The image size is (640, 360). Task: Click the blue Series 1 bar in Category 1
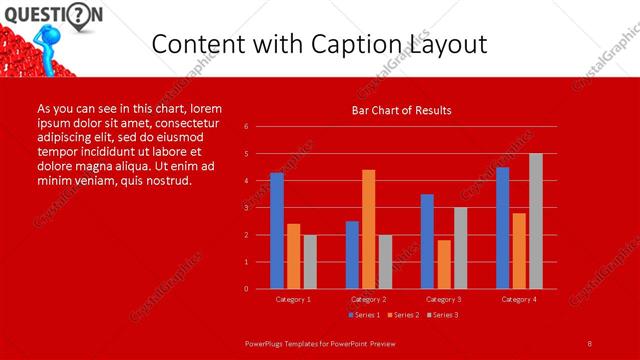click(277, 231)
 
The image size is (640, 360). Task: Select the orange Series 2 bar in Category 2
click(369, 229)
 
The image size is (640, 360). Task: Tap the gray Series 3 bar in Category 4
click(536, 221)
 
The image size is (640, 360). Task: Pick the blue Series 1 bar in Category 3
click(427, 241)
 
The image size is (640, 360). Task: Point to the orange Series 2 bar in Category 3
click(444, 264)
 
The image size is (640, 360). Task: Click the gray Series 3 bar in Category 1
click(310, 262)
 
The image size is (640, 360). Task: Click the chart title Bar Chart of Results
click(401, 110)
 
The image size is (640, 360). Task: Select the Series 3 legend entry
click(443, 315)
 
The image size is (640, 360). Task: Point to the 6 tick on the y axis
click(261, 127)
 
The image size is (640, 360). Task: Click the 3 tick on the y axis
click(261, 208)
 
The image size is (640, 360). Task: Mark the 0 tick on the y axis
click(261, 289)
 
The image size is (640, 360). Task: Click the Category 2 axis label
click(368, 299)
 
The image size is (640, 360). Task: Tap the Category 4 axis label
click(518, 299)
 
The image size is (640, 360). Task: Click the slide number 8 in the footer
click(590, 343)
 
